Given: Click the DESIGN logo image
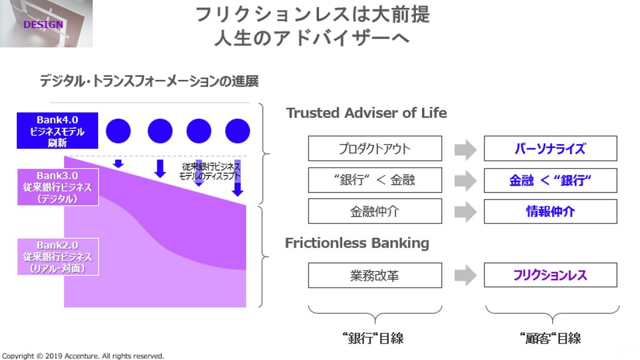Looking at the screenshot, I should (46, 24).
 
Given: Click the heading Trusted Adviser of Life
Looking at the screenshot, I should (366, 113).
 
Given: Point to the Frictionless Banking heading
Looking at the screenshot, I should (357, 243).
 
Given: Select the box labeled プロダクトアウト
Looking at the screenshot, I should (375, 149).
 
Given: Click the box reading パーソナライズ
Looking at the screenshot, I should (550, 149).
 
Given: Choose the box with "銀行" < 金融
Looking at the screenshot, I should (375, 180).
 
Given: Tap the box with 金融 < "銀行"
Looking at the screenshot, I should (550, 180).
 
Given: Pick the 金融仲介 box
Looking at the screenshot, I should (375, 212).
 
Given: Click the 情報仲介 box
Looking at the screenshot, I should (550, 212).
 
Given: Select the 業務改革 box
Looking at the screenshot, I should (375, 275).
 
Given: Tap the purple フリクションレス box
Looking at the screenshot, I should (550, 275).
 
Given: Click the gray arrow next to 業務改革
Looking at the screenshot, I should (465, 275).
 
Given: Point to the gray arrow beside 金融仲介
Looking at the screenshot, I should (465, 212).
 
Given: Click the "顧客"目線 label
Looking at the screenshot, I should (551, 338).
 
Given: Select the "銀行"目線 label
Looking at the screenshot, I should (373, 338).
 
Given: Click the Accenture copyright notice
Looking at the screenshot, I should (83, 356).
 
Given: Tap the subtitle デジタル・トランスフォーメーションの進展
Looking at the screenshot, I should (149, 81).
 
